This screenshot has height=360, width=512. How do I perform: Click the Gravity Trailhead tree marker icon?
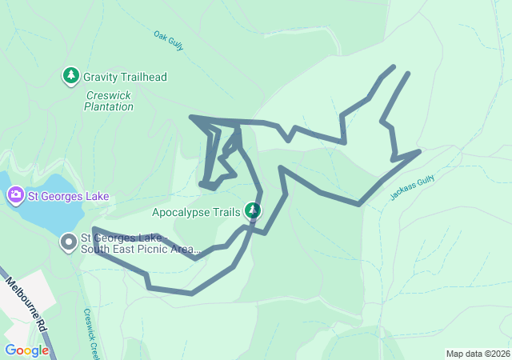71,77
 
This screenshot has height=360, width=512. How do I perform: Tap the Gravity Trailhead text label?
125,78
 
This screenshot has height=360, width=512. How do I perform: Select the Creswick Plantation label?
109,101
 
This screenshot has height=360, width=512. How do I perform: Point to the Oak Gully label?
169,41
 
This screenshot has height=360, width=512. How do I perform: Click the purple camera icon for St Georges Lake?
15,195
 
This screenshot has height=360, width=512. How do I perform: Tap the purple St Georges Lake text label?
68,196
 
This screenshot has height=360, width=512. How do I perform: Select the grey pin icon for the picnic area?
70,241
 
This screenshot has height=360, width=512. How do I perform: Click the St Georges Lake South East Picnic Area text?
139,244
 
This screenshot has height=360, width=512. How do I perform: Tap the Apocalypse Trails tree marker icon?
253,211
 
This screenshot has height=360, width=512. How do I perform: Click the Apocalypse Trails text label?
196,213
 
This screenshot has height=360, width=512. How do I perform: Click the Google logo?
26,350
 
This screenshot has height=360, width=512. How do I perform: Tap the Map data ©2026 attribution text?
477,354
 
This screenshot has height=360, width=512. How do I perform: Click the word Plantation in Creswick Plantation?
109,106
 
